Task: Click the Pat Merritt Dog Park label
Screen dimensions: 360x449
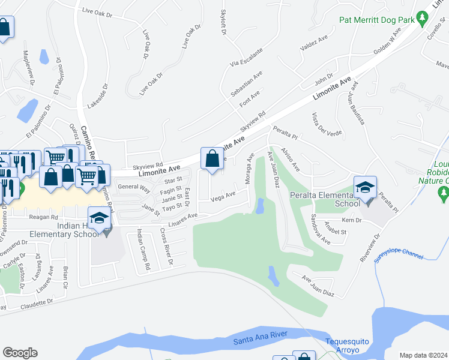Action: [377, 19]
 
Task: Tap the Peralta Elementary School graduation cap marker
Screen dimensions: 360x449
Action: [365, 187]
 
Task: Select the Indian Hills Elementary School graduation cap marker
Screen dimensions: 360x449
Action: [100, 218]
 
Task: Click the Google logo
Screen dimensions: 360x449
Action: [20, 353]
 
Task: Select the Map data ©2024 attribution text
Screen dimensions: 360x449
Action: [423, 355]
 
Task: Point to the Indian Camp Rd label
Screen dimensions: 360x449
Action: [142, 251]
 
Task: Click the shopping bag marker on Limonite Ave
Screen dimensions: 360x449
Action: [212, 159]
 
